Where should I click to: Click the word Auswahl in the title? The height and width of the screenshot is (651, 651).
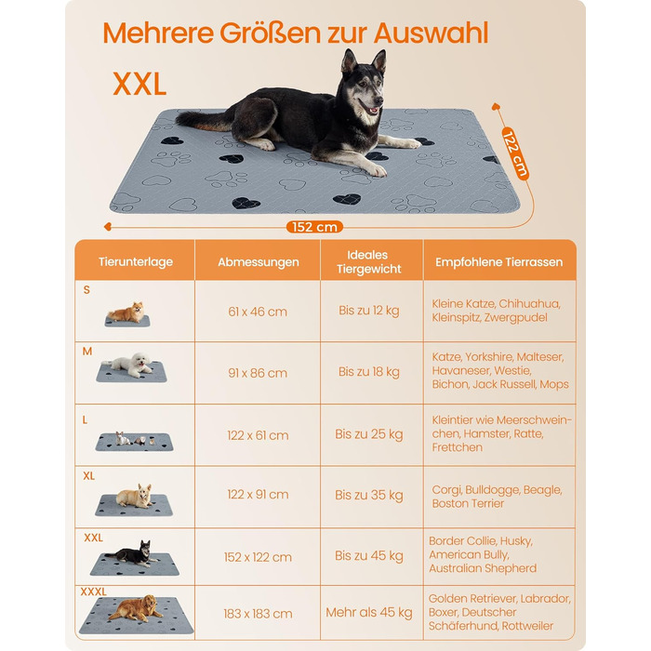tap(431, 33)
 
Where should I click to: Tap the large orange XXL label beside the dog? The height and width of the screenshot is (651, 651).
tap(139, 85)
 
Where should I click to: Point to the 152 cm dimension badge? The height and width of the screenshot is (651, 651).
tap(314, 227)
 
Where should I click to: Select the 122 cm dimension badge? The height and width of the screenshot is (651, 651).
tap(515, 153)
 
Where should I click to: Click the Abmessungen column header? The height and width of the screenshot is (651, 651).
tap(259, 262)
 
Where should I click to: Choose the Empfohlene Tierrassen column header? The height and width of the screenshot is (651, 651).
tap(499, 262)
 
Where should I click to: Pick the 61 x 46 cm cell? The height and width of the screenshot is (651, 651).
tap(258, 312)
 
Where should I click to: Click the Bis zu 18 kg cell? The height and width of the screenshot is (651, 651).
tap(368, 372)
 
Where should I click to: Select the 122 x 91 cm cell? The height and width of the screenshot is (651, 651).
tap(258, 495)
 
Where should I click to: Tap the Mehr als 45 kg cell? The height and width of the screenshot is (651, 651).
tap(368, 612)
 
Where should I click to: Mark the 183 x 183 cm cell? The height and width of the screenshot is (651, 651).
tap(258, 614)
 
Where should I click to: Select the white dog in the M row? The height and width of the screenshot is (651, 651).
tap(132, 365)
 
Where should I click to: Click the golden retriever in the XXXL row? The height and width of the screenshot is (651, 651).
tap(136, 608)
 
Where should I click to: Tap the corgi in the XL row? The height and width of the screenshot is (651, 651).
tap(135, 496)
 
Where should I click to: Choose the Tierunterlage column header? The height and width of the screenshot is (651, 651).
tap(136, 262)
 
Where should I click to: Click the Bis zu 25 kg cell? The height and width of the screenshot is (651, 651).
tap(368, 434)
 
